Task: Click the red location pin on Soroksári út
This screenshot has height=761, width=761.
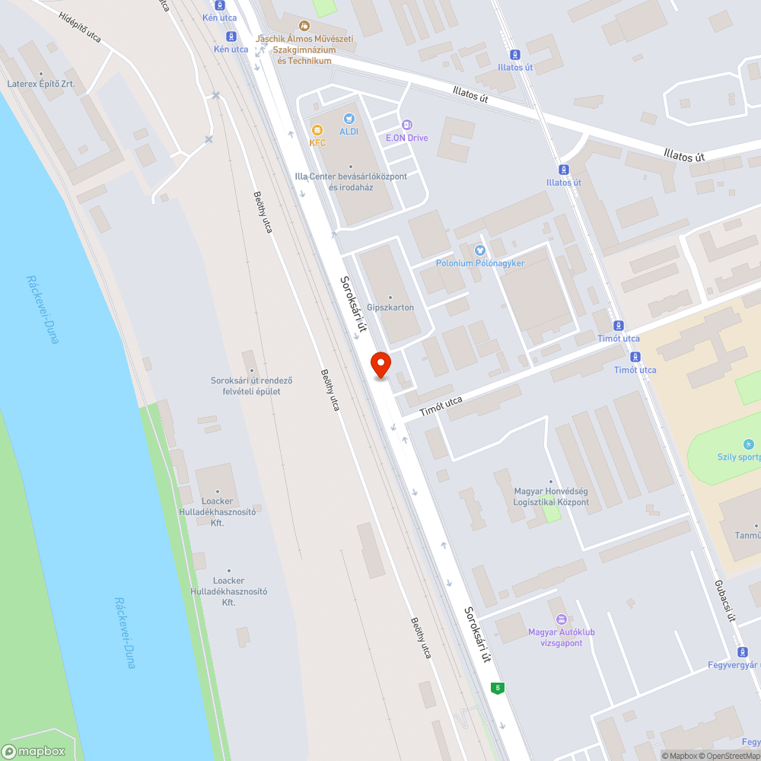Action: [x=380, y=365]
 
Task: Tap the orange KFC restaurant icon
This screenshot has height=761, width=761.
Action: [x=317, y=131]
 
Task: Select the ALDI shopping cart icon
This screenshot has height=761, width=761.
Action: [x=349, y=119]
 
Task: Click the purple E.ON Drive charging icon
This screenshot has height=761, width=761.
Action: [x=407, y=125]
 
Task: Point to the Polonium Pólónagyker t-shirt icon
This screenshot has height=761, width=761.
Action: [x=480, y=250]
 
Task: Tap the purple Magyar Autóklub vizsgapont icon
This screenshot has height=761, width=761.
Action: [x=562, y=619]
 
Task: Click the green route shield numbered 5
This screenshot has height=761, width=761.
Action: [x=498, y=688]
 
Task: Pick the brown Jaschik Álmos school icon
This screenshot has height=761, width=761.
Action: [x=305, y=27]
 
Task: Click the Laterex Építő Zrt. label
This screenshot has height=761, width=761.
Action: [x=40, y=84]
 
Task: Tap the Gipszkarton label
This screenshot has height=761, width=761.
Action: [x=390, y=307]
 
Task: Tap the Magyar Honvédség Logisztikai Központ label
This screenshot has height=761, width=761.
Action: [x=552, y=496]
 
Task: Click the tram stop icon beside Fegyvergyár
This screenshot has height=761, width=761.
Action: [x=743, y=652]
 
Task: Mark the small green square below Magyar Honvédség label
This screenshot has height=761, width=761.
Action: [x=552, y=514]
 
